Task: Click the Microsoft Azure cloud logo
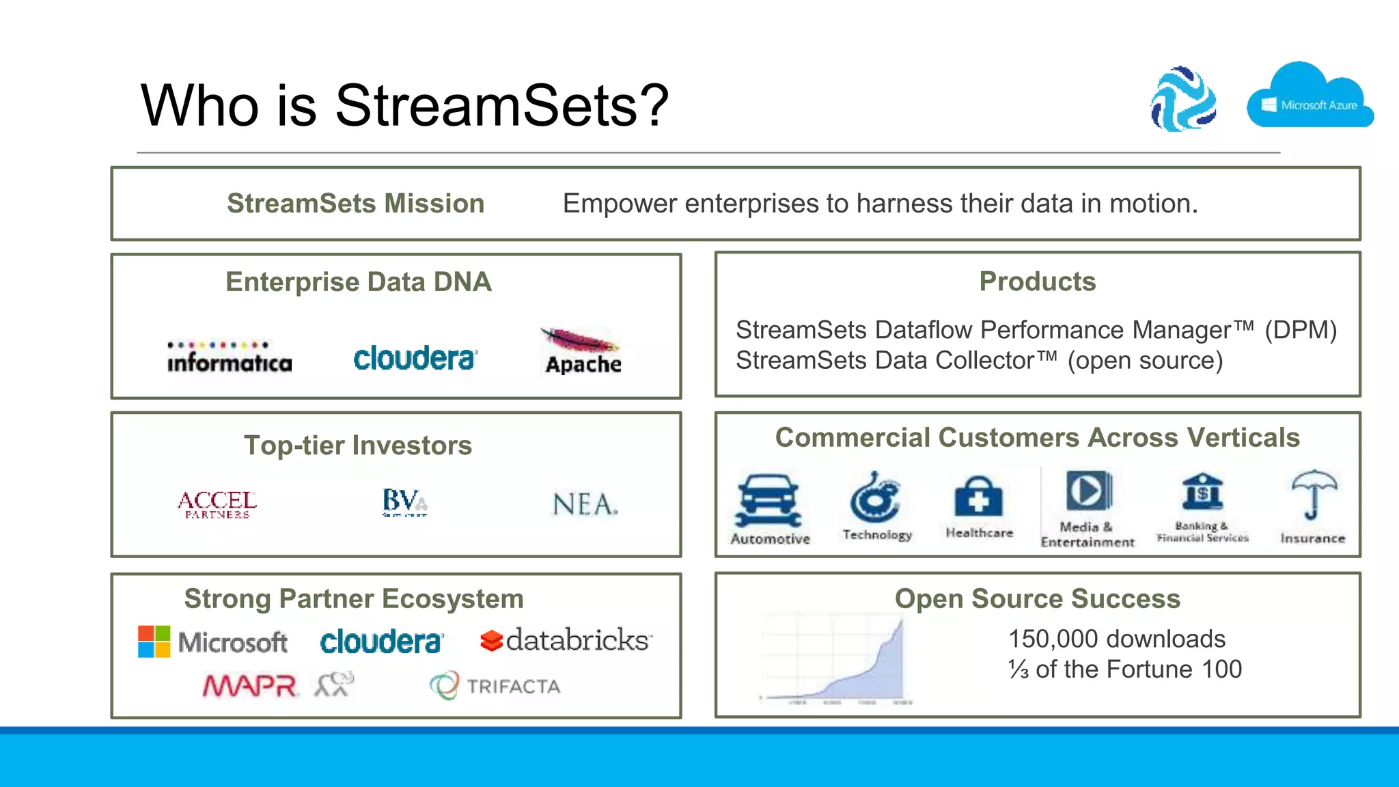(1310, 98)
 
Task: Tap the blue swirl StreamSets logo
(1183, 99)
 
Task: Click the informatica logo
(230, 357)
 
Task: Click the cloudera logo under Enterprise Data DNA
(415, 358)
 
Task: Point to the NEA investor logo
(585, 505)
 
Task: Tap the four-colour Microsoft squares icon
(154, 641)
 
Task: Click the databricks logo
(566, 640)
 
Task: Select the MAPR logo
(250, 685)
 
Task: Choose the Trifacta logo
(495, 686)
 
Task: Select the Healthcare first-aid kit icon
(978, 497)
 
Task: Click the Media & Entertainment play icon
(1088, 491)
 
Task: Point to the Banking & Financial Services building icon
(1202, 491)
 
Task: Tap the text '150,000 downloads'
(1117, 639)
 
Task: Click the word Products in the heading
(1037, 281)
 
